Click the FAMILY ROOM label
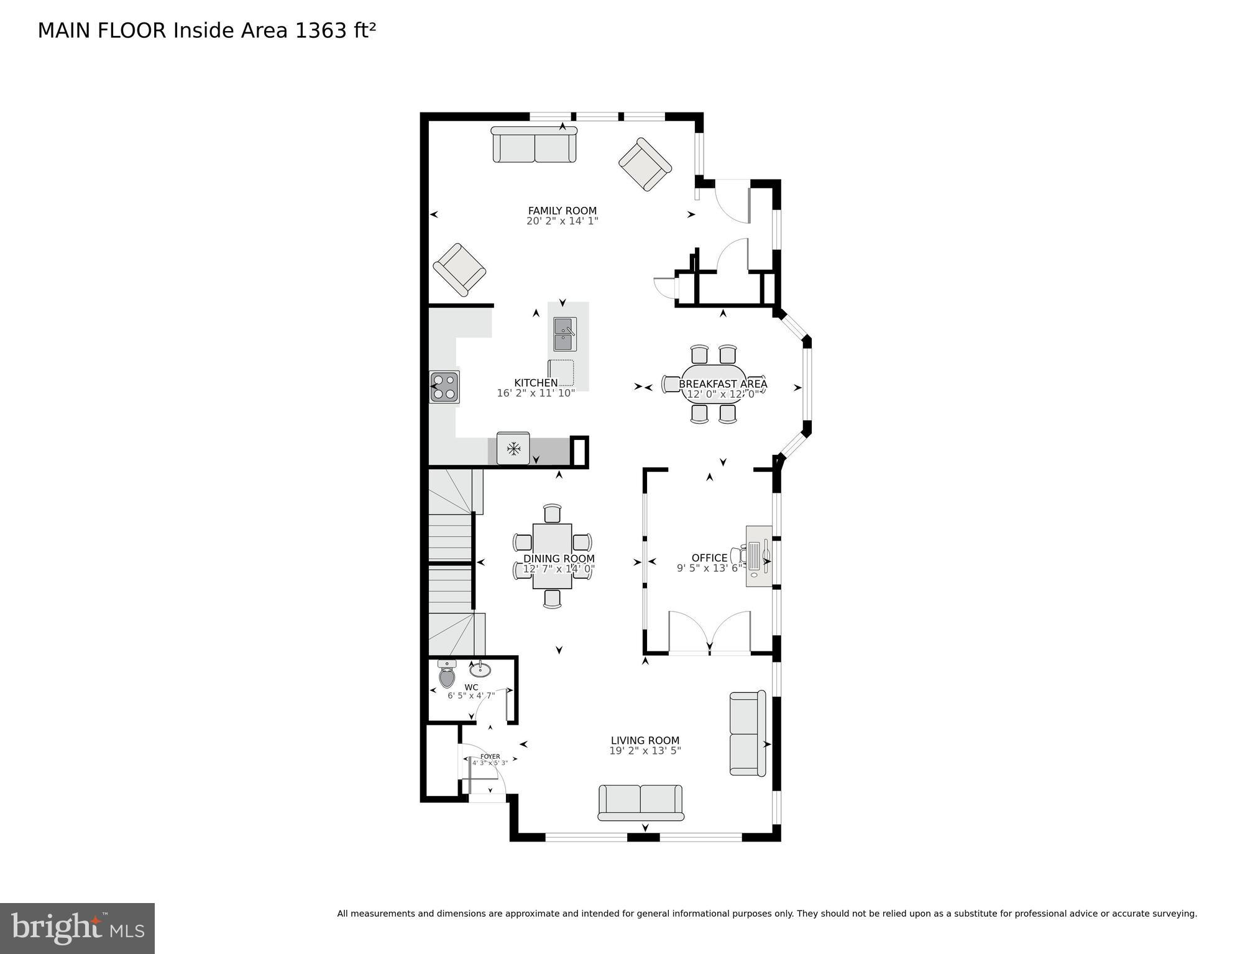(562, 211)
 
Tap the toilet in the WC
(447, 675)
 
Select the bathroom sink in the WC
(480, 669)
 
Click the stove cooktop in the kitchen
(445, 387)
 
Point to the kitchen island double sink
(565, 334)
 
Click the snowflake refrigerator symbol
(513, 448)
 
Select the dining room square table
(552, 556)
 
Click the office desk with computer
(759, 556)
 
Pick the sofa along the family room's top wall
(535, 145)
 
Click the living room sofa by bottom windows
(640, 802)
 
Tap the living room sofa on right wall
(747, 734)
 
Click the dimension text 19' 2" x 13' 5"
(645, 751)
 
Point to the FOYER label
(490, 756)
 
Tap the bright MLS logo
(77, 928)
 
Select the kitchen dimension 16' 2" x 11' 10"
(536, 393)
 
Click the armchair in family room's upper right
(645, 164)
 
